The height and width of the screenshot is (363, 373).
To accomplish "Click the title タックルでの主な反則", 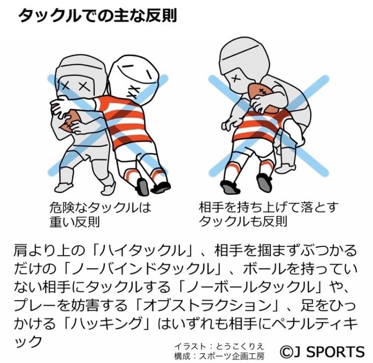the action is click(97, 16).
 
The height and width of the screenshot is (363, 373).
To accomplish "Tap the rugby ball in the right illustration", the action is click(263, 97).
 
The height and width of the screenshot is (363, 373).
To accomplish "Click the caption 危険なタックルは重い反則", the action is click(100, 215).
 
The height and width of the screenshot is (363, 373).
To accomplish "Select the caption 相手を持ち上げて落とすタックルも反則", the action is click(269, 214).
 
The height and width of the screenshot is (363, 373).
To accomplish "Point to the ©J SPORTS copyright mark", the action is click(322, 351).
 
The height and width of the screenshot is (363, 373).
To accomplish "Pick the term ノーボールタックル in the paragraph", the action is click(251, 287).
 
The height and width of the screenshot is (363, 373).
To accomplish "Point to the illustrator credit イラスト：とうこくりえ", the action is click(219, 346).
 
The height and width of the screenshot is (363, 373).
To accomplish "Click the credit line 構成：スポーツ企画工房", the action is click(219, 356).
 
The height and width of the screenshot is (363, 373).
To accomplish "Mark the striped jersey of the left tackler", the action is click(125, 120).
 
